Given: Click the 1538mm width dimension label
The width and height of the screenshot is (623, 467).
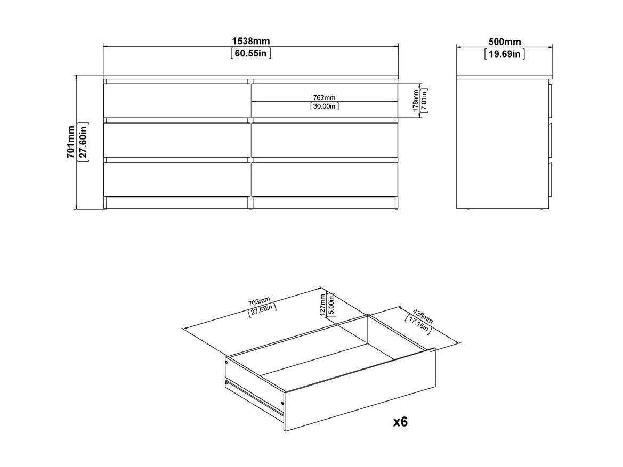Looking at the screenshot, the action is tap(250, 41).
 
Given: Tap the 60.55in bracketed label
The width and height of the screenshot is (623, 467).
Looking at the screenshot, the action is tap(250, 53).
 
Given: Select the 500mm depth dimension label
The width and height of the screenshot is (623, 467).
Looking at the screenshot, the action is tap(505, 42).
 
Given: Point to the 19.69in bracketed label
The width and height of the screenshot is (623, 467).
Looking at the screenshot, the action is tap(505, 54).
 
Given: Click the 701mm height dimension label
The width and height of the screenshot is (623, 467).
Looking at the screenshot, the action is tap(70, 142).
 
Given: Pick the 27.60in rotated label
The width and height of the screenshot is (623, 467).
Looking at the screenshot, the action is tap(84, 142).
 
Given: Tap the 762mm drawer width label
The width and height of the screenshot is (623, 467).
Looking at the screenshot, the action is tap(324, 97).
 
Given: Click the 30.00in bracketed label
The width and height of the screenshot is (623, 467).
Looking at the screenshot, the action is tap(324, 106).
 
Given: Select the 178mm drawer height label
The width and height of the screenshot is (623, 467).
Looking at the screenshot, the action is tap(416, 101).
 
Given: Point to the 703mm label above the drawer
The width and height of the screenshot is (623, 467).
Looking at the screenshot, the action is tap(259, 303).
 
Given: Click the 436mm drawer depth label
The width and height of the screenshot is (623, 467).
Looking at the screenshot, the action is tap(423, 316).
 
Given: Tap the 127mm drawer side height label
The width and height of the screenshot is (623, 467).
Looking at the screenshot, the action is tap(322, 305).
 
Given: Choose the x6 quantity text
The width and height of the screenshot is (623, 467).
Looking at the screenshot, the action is tap(401, 421).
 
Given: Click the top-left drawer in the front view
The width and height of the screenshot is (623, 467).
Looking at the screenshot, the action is tap(177, 101).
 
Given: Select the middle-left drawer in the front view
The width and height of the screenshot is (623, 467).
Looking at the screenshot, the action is tap(177, 140).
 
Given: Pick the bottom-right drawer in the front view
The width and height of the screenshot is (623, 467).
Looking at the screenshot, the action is tap(325, 180).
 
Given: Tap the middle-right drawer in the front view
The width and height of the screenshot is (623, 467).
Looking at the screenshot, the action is tap(325, 140).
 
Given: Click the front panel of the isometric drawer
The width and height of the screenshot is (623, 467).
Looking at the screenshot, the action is tap(360, 390).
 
